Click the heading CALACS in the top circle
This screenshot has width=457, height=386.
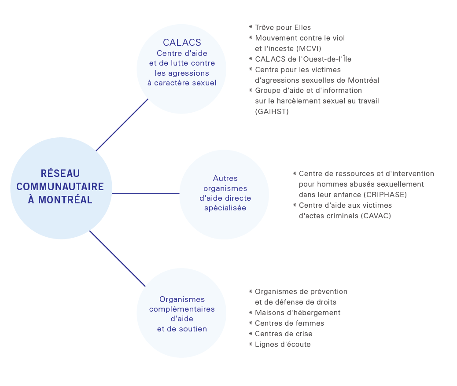[182, 43]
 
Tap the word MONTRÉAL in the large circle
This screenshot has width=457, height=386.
[65, 200]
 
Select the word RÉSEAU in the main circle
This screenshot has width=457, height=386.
[60, 173]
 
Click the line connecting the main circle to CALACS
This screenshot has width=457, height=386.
[122, 125]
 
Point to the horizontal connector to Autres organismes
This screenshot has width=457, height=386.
[146, 193]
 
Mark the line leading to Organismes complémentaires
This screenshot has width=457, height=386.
[118, 259]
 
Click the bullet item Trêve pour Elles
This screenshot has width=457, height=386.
[283, 27]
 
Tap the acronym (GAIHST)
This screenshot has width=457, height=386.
[272, 112]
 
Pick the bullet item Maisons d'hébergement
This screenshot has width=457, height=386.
[298, 313]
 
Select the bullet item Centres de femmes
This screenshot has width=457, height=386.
[289, 324]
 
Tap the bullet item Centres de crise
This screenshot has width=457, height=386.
[284, 334]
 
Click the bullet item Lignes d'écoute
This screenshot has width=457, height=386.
[283, 344]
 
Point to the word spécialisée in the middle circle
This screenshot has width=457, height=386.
[225, 208]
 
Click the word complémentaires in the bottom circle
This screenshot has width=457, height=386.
[182, 309]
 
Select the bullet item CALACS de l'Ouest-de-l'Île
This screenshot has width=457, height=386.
[303, 59]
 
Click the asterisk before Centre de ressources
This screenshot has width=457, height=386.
[295, 173]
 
